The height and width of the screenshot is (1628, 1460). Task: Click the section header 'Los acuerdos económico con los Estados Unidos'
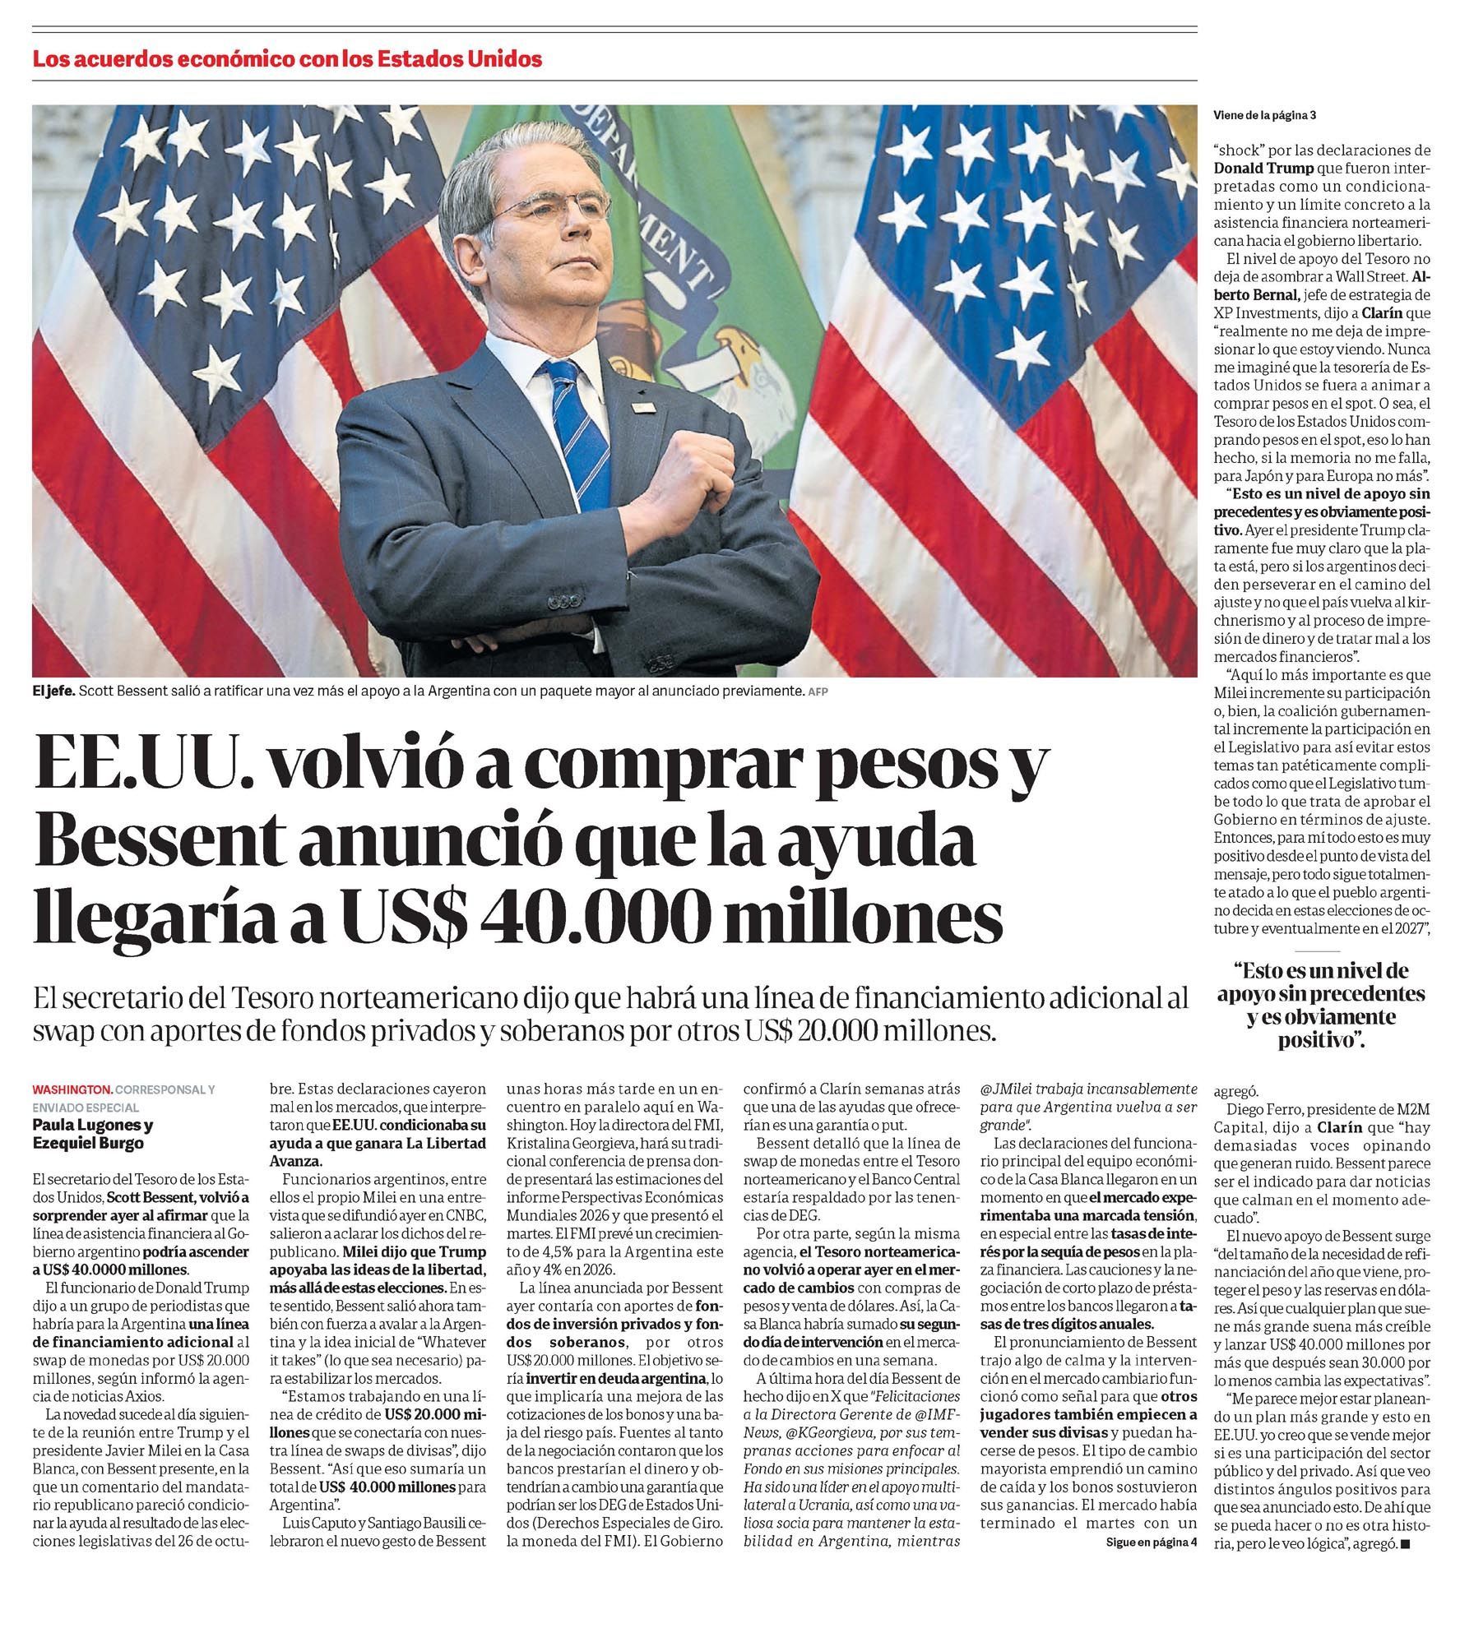coord(287,59)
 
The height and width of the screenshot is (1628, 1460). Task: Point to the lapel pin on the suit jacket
coord(642,407)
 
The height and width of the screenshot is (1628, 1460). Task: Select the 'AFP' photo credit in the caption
coord(818,692)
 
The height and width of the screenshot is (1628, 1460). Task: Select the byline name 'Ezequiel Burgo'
coord(88,1143)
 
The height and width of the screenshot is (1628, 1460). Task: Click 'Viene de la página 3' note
coord(1264,115)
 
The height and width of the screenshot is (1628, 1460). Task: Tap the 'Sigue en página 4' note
coord(1151,1541)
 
